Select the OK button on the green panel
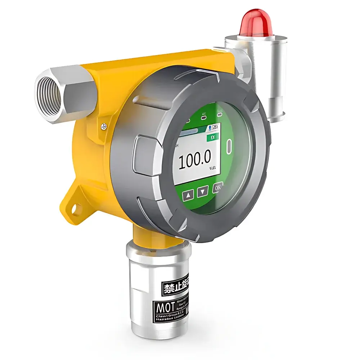click(x=217, y=188)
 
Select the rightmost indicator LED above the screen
click(x=219, y=115)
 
